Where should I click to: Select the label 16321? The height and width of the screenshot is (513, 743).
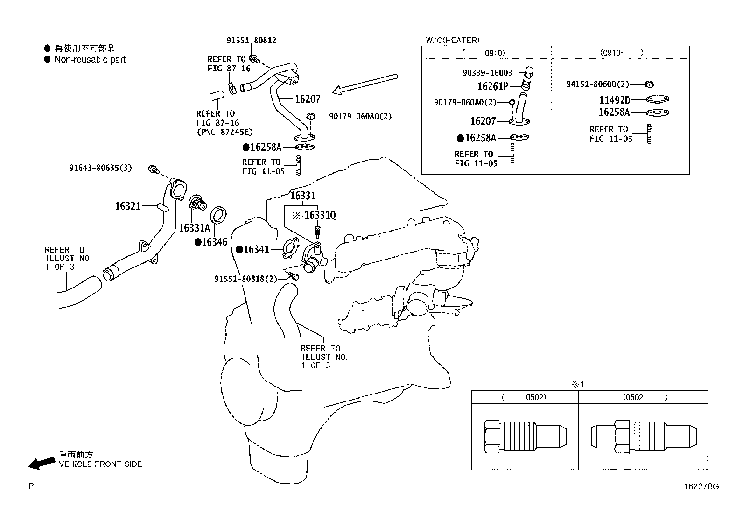[x=128, y=206]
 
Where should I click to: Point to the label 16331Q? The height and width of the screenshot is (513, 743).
[x=320, y=215]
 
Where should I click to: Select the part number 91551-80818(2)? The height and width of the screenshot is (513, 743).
[x=245, y=279]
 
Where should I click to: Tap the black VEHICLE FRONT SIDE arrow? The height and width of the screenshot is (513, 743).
[x=41, y=462]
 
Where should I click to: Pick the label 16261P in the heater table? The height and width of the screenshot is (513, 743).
[x=492, y=86]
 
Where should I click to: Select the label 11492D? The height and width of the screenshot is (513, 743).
[x=614, y=100]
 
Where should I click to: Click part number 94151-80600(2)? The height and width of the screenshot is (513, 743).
[x=597, y=84]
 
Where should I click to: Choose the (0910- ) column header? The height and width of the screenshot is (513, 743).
[x=621, y=53]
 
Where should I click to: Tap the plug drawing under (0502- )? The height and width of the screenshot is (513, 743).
[x=643, y=436]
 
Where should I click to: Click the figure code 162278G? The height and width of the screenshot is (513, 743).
[x=701, y=486]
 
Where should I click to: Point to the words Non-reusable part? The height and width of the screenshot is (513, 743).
[x=90, y=59]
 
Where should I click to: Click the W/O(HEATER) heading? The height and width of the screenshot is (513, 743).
[x=452, y=41]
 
